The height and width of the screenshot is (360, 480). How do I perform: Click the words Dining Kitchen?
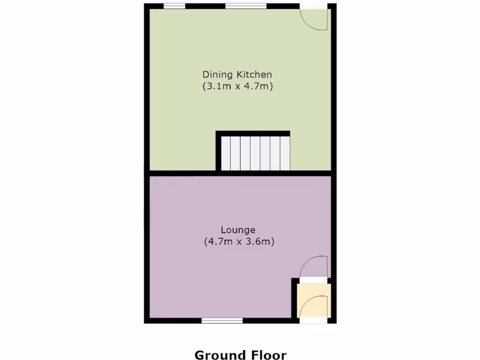click(x=237, y=74)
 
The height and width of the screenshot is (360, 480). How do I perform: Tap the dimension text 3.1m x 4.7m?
click(x=238, y=86)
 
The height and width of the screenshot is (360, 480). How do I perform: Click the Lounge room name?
click(x=238, y=230)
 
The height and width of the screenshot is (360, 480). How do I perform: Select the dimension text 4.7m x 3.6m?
click(x=239, y=242)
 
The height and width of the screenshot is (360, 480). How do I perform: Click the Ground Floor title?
click(x=240, y=355)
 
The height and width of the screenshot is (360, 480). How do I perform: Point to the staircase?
click(x=255, y=153)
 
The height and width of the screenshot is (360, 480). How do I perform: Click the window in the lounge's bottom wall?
click(x=222, y=321)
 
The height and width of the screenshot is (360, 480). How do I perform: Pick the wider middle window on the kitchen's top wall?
click(x=246, y=6)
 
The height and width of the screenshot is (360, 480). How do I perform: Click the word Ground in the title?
click(x=219, y=355)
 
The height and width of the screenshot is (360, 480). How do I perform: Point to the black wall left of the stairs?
click(x=218, y=152)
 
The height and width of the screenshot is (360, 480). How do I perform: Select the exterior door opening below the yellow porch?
click(x=314, y=321)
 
